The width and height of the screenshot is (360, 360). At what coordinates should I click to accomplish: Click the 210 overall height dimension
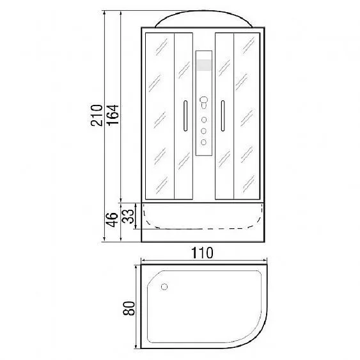(x=97, y=115)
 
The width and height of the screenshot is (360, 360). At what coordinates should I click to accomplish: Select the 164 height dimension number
(x=113, y=115)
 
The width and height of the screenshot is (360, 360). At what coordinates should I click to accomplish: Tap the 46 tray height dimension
(x=113, y=219)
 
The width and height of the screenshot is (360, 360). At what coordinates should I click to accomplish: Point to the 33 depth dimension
(x=128, y=216)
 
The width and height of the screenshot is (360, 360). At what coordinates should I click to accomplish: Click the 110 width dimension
(x=202, y=253)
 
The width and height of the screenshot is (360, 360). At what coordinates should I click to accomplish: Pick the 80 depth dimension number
(x=129, y=308)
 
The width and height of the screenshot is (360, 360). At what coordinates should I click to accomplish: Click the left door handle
(x=185, y=116)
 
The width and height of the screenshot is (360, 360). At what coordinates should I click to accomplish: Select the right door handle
(x=223, y=116)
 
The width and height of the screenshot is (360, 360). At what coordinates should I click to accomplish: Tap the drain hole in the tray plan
(x=164, y=286)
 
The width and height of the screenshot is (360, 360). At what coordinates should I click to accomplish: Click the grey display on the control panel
(x=204, y=65)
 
